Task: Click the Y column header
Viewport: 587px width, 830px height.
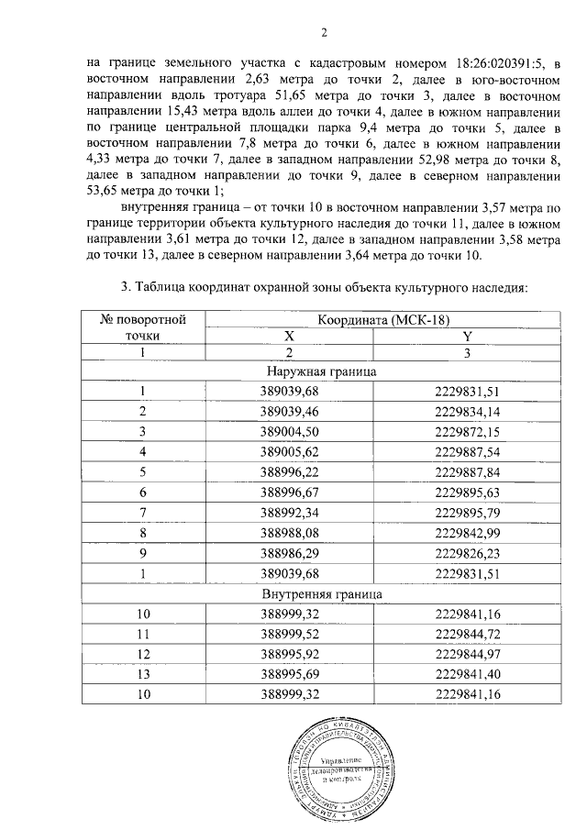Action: tap(467, 337)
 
